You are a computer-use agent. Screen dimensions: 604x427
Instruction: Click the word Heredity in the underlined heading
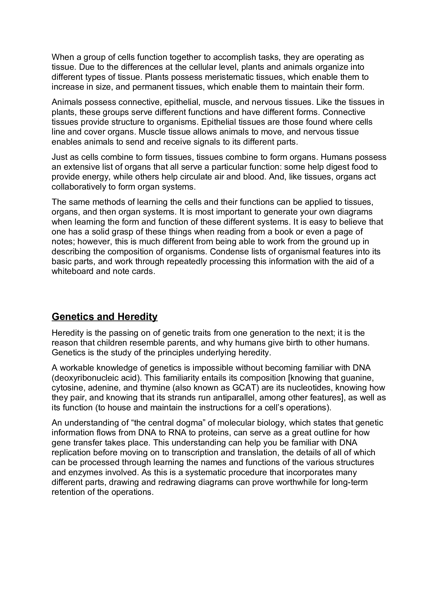pos(137,317)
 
